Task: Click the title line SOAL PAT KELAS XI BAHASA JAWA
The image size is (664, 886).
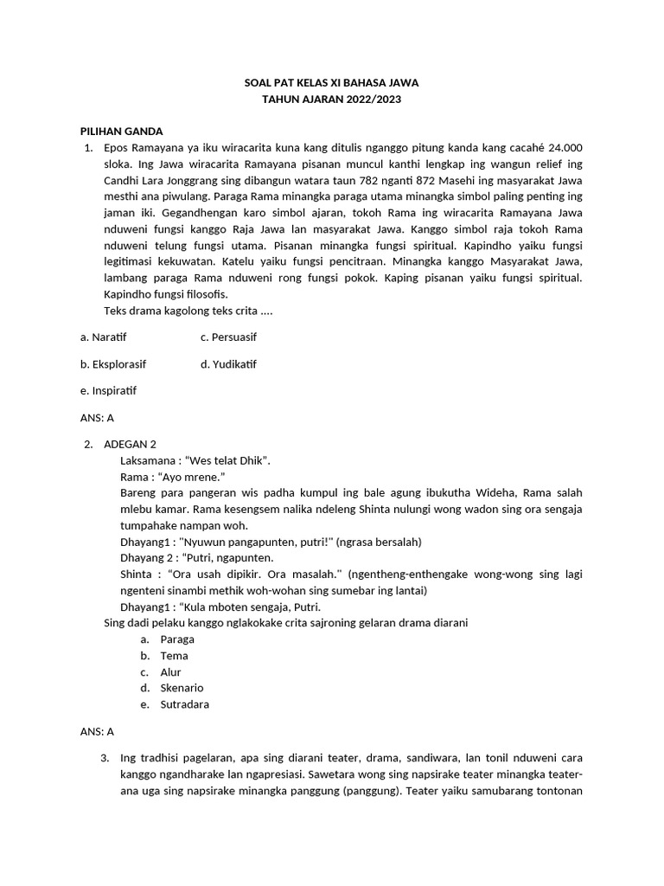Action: [332, 83]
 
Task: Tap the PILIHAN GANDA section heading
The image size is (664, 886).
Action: [121, 132]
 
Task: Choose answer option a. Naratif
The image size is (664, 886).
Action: [103, 336]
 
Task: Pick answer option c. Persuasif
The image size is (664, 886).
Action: [228, 336]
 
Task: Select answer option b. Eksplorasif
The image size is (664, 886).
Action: [112, 364]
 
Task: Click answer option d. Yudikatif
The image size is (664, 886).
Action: [228, 364]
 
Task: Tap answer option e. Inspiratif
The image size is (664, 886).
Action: [108, 390]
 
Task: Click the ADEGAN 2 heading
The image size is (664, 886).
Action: [130, 444]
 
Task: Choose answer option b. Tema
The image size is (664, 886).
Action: [174, 656]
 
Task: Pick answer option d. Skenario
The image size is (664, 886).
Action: [182, 688]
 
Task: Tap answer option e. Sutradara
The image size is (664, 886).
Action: [184, 704]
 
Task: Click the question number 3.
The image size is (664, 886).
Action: [105, 759]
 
